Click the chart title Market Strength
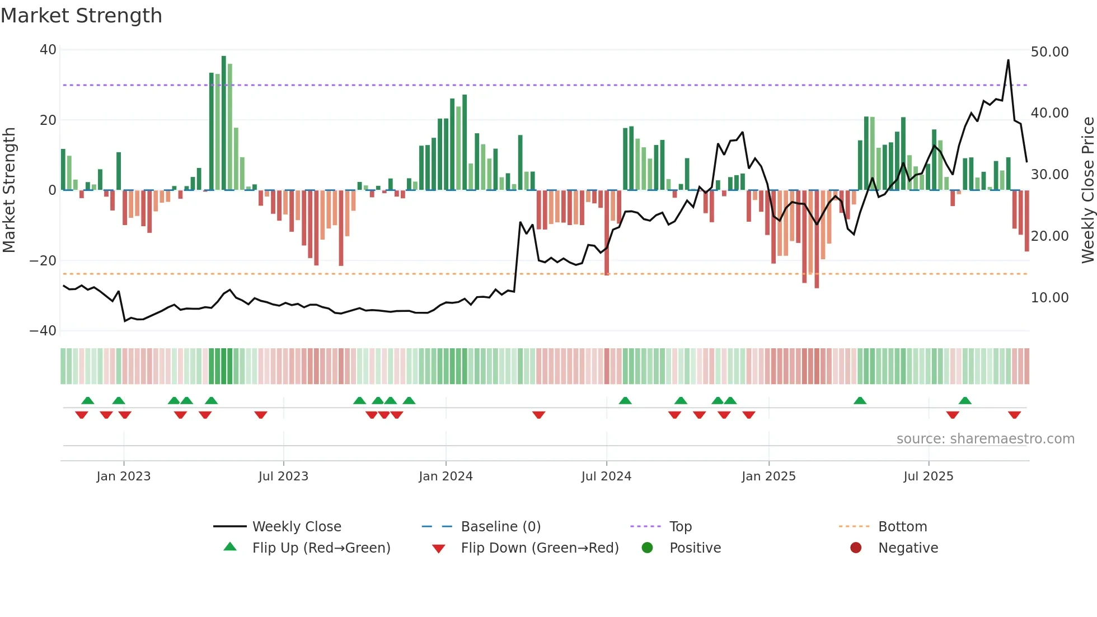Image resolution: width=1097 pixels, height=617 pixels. point(81,16)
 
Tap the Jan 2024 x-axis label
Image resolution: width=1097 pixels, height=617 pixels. point(446,476)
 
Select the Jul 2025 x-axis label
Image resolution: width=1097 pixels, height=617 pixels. point(928,476)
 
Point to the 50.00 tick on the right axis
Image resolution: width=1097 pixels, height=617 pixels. point(1049,52)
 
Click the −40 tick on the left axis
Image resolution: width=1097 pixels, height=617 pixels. point(43,331)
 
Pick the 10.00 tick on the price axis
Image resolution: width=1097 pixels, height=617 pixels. point(1049,298)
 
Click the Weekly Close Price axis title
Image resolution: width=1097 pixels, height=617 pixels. point(1087,190)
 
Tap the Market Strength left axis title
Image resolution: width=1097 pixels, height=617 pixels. point(9,190)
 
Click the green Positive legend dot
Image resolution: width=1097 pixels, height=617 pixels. point(647,548)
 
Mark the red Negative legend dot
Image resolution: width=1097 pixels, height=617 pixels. point(856,548)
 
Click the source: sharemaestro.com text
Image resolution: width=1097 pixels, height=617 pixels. point(985,439)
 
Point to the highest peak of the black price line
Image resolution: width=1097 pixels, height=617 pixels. point(1008,60)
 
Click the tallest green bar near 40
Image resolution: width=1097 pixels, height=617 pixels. point(224,123)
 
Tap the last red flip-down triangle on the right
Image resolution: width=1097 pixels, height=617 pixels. point(1014,415)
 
